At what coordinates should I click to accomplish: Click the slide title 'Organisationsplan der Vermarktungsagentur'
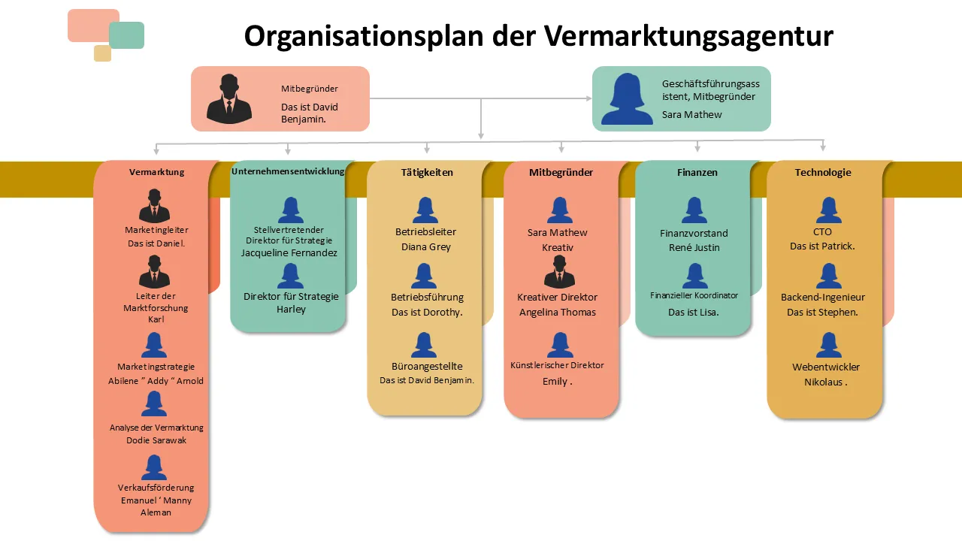pyautogui.click(x=538, y=36)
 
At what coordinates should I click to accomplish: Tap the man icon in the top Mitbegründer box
pyautogui.click(x=229, y=98)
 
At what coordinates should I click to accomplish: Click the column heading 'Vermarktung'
pyautogui.click(x=156, y=172)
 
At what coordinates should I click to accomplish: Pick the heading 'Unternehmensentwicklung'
pyautogui.click(x=288, y=171)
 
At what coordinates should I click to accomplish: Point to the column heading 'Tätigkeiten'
pyautogui.click(x=427, y=172)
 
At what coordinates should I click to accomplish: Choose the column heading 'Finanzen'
pyautogui.click(x=697, y=172)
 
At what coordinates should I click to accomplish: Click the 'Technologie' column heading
pyautogui.click(x=823, y=172)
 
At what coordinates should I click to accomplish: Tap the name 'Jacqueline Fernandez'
pyautogui.click(x=289, y=253)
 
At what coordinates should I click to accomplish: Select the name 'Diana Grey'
pyautogui.click(x=425, y=247)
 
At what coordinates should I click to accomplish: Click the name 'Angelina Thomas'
pyautogui.click(x=558, y=313)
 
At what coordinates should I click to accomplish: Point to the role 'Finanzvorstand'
pyautogui.click(x=694, y=233)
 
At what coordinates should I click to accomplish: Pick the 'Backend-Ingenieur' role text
pyautogui.click(x=823, y=298)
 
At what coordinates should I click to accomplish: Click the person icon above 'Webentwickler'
pyautogui.click(x=828, y=345)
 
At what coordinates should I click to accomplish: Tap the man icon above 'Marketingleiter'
pyautogui.click(x=155, y=206)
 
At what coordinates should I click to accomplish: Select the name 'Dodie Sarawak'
pyautogui.click(x=156, y=440)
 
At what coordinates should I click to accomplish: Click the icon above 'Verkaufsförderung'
pyautogui.click(x=154, y=467)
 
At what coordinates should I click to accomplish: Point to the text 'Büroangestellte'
pyautogui.click(x=427, y=367)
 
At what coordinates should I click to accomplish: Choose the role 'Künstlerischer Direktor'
pyautogui.click(x=557, y=365)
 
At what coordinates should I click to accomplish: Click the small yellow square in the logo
pyautogui.click(x=102, y=53)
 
